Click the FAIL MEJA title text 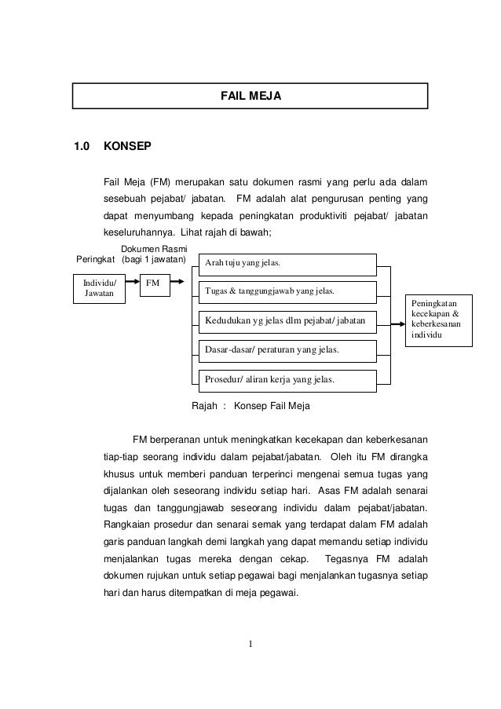pyautogui.click(x=251, y=96)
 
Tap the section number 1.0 pyautogui.click(x=82, y=147)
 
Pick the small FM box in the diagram pyautogui.click(x=154, y=283)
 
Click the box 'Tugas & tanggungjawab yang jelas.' pyautogui.click(x=287, y=291)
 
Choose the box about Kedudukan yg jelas pyautogui.click(x=287, y=320)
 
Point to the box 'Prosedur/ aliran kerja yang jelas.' pyautogui.click(x=287, y=380)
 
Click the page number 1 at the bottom pyautogui.click(x=251, y=646)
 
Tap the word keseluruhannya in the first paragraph pyautogui.click(x=138, y=233)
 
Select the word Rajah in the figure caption pyautogui.click(x=206, y=407)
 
